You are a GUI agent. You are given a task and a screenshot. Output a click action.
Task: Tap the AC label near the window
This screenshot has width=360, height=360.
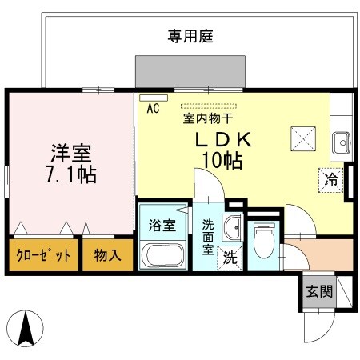coord(153,109)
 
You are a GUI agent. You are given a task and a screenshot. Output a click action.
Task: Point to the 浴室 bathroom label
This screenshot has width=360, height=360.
coord(162,226)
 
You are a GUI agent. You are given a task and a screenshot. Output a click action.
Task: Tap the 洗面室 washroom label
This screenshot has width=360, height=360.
coord(207,237)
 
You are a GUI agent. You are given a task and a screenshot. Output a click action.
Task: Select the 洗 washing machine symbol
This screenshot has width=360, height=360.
coord(229,258)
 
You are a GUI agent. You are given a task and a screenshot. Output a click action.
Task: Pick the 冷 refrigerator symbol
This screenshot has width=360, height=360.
coord(330,180)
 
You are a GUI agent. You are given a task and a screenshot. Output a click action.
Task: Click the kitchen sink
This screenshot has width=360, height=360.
coord(342,143)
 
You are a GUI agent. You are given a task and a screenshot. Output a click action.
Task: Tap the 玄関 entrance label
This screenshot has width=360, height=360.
coord(317,292)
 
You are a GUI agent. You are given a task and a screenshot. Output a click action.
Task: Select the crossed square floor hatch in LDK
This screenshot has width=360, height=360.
coord(303,139)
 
